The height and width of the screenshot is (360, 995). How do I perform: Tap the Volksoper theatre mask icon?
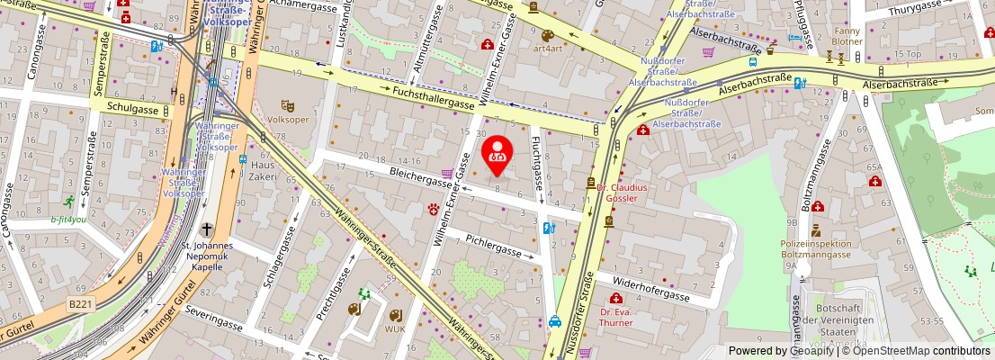(288, 106)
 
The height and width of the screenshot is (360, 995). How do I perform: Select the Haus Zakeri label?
(263, 171)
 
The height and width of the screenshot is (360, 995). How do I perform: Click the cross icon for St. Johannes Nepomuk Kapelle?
(207, 229)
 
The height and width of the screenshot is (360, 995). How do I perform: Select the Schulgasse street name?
(131, 108)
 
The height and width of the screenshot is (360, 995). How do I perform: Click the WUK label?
(396, 328)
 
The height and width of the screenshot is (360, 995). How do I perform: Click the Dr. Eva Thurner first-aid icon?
(616, 298)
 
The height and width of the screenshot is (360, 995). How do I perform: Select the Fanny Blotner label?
(847, 36)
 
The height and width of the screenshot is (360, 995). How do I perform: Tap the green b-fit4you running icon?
(69, 203)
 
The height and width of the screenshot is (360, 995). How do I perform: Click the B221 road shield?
(81, 305)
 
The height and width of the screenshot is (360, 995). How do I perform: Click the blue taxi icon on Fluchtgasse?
(556, 320)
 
